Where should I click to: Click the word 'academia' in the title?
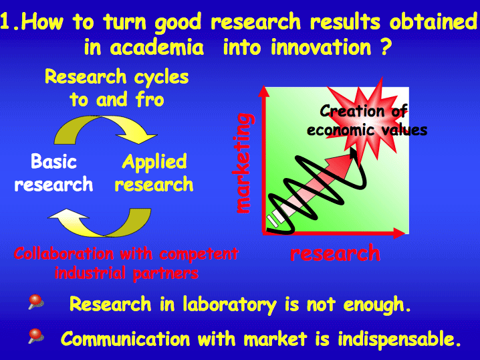click(x=156, y=48)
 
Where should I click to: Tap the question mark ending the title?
click(x=386, y=47)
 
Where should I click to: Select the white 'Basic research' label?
click(x=53, y=173)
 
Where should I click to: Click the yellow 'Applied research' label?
click(x=154, y=173)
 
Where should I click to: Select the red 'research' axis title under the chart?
click(x=335, y=253)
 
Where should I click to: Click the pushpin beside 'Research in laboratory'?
click(x=36, y=302)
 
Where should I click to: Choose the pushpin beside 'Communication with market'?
click(x=36, y=336)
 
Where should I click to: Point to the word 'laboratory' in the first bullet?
click(x=229, y=305)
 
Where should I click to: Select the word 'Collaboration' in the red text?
click(x=64, y=254)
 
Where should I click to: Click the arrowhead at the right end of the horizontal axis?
click(x=399, y=234)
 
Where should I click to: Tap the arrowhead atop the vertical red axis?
click(x=264, y=91)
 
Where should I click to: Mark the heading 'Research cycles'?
click(x=116, y=76)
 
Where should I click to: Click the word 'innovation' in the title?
click(x=321, y=48)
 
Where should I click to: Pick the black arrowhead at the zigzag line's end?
click(x=354, y=153)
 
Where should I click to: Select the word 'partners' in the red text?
click(x=166, y=273)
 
